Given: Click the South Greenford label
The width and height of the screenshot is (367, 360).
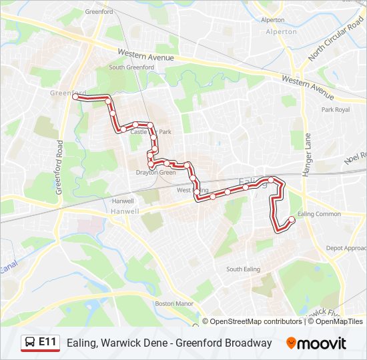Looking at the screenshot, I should click(131, 67).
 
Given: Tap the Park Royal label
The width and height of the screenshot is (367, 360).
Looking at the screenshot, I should click(336, 109).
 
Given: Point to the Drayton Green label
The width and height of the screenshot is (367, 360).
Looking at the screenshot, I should click(155, 173).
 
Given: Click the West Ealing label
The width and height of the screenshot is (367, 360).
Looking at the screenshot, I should click(189, 191).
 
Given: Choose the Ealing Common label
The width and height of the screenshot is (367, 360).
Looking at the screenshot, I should click(319, 214).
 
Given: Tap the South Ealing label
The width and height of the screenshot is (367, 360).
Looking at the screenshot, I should click(242, 269).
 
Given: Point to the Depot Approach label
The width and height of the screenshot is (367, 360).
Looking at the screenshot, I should click(346, 248).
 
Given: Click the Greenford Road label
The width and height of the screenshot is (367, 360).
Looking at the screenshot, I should click(59, 166).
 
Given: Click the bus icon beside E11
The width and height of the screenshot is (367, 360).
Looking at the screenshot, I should click(29, 343).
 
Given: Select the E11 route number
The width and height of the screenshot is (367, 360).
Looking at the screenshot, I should click(47, 343).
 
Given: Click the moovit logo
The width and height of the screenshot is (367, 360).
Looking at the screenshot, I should click(316, 343).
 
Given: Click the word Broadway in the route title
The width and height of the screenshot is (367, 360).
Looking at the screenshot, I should click(248, 343).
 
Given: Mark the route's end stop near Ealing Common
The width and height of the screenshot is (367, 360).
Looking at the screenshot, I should click(291, 219).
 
